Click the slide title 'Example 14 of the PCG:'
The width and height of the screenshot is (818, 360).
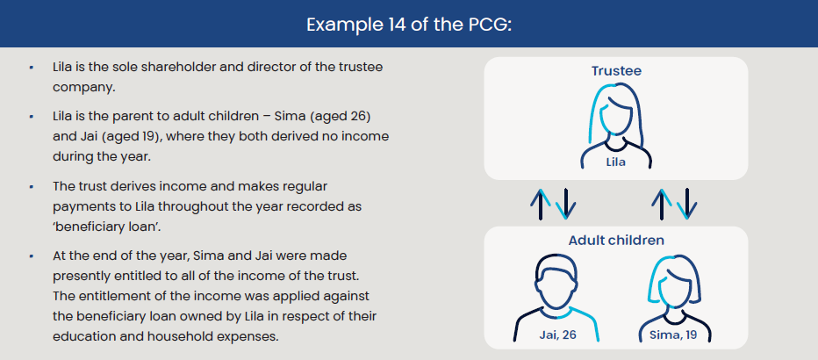pos(409,25)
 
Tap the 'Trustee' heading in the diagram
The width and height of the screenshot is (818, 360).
pos(616,71)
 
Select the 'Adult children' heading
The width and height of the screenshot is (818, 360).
pos(616,240)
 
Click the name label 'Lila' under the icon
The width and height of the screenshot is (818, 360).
pos(615,162)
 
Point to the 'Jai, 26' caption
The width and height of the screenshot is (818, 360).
pos(557,335)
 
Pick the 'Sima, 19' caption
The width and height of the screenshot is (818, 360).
pos(673,335)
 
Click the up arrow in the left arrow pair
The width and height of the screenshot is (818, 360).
pos(541,204)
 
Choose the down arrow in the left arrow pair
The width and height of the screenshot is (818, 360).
pos(566,204)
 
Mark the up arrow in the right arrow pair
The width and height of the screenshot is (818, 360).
pos(662,204)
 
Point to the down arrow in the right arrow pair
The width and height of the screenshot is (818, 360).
pos(687,204)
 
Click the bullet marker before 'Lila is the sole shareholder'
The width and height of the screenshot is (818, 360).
pos(32,68)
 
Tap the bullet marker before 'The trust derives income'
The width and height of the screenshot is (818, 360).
pos(32,187)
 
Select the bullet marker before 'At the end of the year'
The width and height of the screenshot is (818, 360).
pos(32,256)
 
